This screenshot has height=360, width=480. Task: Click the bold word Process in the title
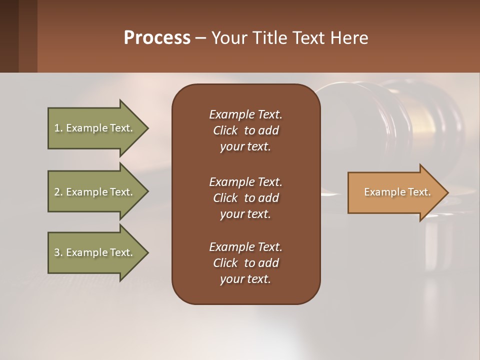click(x=157, y=38)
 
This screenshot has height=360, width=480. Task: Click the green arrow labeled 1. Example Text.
click(x=95, y=128)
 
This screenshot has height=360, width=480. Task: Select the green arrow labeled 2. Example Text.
click(x=95, y=192)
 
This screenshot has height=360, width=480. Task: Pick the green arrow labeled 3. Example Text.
click(x=95, y=252)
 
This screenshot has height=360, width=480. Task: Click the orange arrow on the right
click(x=395, y=192)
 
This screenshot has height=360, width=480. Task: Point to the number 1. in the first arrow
click(x=58, y=128)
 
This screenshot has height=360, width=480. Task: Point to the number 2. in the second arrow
click(x=58, y=192)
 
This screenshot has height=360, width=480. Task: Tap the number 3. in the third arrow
click(x=58, y=252)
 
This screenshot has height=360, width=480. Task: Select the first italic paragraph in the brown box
click(x=245, y=130)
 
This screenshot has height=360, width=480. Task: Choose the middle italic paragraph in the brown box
click(x=245, y=198)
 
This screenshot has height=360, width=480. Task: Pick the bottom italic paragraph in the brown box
click(x=245, y=263)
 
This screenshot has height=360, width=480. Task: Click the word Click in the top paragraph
click(x=225, y=130)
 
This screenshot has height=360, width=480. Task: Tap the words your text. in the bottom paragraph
click(x=245, y=279)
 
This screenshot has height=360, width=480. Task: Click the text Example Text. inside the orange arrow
click(x=397, y=192)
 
